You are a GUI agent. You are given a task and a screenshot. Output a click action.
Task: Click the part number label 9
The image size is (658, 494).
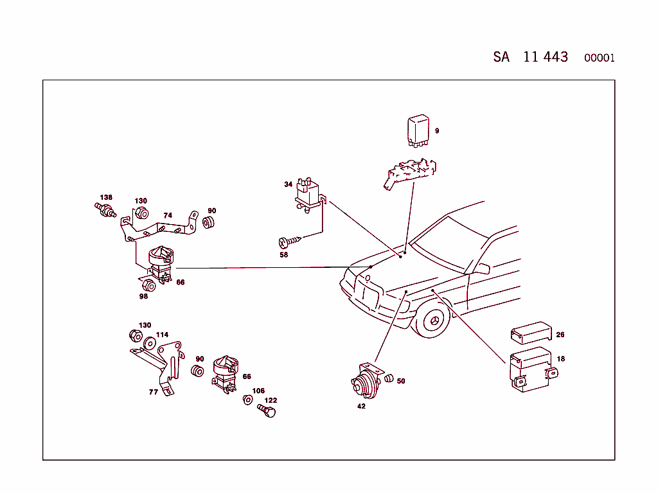coord(437,131)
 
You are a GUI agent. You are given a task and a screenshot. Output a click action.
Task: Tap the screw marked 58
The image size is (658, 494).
coord(289,242)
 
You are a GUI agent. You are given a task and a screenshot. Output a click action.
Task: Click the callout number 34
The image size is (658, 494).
coord(289,184)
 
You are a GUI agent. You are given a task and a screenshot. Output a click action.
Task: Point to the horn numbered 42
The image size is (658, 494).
coord(364,384)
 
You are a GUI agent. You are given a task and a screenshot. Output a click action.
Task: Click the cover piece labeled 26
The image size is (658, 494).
coord(531,333)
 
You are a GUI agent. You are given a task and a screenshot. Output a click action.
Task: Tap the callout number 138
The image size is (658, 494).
coord(106,197)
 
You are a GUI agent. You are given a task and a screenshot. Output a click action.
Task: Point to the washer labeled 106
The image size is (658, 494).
coord(247,400)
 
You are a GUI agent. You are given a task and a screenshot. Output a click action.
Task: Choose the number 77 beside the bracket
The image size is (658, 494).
coord(154,391)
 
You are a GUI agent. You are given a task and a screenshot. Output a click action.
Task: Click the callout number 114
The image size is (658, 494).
coord(162,335)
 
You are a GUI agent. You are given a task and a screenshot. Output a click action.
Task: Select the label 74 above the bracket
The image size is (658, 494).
coord(168,215)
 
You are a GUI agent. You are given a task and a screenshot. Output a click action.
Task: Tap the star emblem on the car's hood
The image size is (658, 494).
coord(368,278)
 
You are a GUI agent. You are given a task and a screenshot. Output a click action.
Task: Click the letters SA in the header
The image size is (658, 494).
coord(501,57)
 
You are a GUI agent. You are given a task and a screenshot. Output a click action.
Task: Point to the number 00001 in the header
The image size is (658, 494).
coord(599,58)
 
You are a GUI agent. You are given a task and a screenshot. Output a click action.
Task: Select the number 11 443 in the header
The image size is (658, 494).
coord(546,57)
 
